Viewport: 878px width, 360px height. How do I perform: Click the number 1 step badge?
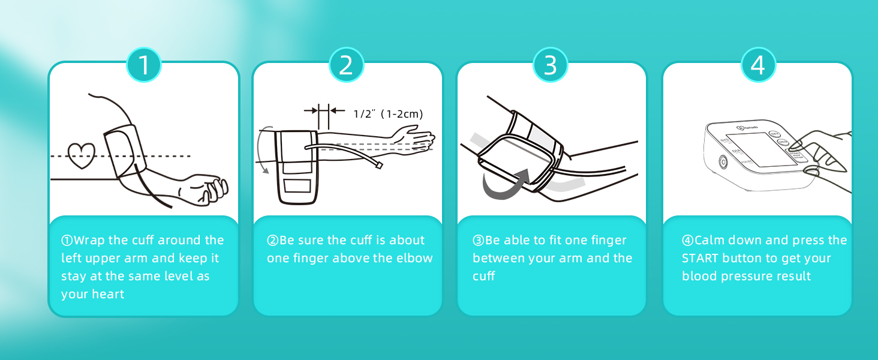point(144,65)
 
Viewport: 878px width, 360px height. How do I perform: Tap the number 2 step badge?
point(346,65)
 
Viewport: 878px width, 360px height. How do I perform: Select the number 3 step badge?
point(551,65)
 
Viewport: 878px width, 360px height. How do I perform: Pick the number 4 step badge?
point(758,65)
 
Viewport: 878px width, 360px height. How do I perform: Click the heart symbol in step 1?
point(81,155)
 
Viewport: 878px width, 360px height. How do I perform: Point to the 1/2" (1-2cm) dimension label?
point(388,114)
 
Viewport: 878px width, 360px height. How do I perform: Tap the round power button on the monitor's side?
point(722,162)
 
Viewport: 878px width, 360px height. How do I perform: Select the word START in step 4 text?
point(700,259)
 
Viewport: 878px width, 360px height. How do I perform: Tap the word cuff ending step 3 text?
point(483,277)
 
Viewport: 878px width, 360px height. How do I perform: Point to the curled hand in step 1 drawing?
point(207,189)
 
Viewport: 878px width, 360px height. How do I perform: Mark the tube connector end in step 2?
point(379,166)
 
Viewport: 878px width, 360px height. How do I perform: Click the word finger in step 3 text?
point(607,241)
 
